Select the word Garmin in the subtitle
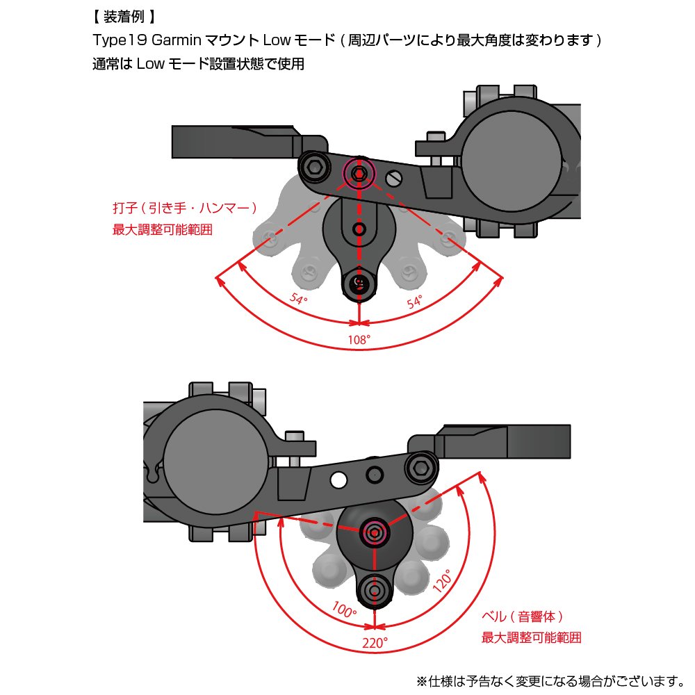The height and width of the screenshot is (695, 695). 172,40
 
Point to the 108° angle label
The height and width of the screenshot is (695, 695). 359,339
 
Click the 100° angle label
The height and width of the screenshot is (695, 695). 345,612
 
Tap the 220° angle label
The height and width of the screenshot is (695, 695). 375,643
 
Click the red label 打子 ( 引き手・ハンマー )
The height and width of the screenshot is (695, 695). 185,208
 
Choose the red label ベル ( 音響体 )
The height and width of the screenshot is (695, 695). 522,616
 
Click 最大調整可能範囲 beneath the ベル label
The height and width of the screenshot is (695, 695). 532,637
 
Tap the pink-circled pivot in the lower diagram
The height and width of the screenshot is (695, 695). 375,533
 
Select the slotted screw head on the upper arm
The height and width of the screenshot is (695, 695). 394,178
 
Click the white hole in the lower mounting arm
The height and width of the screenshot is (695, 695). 339,480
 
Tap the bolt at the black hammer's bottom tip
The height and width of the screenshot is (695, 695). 359,281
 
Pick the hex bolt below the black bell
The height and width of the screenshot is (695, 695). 375,590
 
